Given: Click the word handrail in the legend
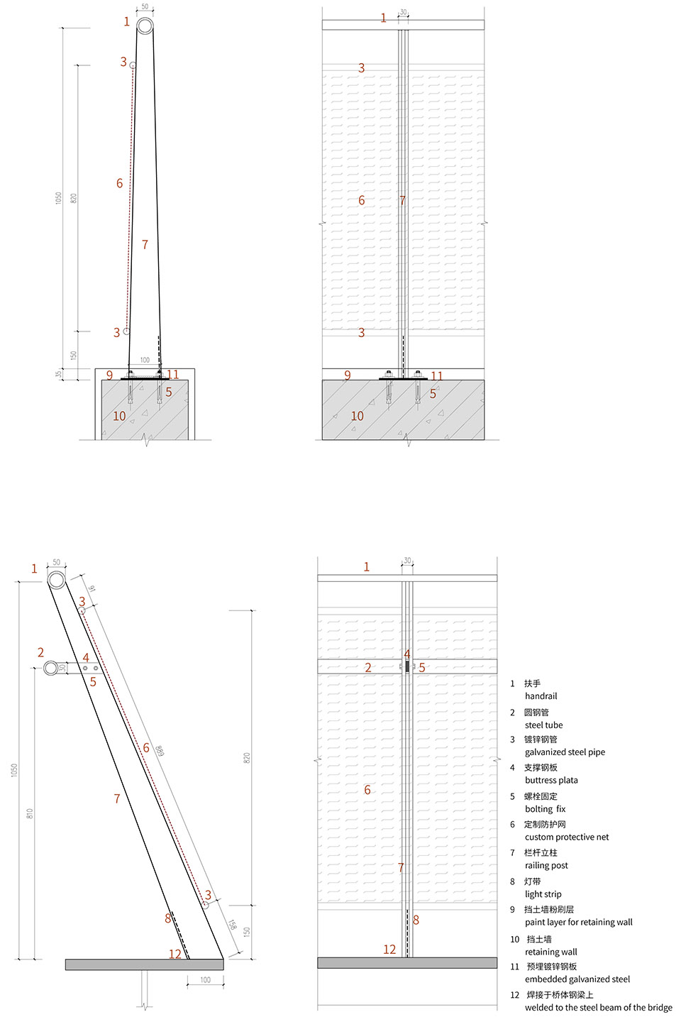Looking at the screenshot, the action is tap(541, 696).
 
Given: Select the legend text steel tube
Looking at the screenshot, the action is tap(543, 725).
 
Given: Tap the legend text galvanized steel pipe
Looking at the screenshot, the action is tap(565, 752).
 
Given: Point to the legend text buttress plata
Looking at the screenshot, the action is tap(551, 780).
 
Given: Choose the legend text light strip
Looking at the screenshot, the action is tap(543, 894).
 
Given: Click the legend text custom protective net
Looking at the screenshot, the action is tap(567, 837).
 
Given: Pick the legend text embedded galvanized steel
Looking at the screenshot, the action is tap(577, 979).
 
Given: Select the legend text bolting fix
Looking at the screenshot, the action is tap(545, 809).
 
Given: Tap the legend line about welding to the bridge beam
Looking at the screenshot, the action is tap(599, 1007).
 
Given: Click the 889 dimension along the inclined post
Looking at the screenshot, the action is tap(159, 751).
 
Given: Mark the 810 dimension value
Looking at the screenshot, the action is tap(30, 813).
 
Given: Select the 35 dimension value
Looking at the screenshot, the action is tap(58, 373).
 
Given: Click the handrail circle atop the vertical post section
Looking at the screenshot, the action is tap(145, 26).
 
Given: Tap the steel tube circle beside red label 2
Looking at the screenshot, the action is tap(51, 668).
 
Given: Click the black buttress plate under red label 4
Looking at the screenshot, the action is tap(407, 666).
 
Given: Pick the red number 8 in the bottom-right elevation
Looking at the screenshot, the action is tap(416, 920).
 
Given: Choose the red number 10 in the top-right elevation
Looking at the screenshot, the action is tap(357, 416).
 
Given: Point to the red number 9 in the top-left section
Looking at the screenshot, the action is tap(109, 375).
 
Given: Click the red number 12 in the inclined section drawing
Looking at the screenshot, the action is tap(175, 954).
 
